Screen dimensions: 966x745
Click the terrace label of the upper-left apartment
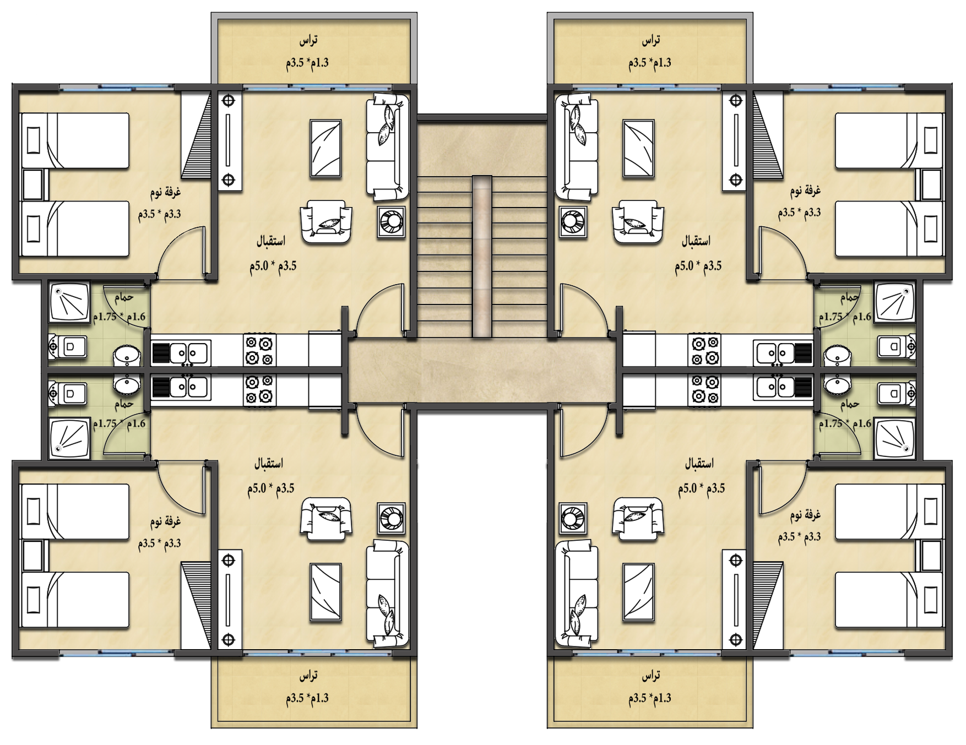tap(308, 40)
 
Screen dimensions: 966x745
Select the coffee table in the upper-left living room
tap(325, 149)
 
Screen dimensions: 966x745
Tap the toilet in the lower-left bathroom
tap(67, 393)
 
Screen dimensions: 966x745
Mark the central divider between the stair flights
tap(482, 256)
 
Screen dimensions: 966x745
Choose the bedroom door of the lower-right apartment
tap(782, 490)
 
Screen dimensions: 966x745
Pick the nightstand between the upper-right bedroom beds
tap(931, 184)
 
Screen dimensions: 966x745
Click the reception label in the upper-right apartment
tap(696, 241)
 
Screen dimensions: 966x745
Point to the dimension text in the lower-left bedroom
tap(160, 543)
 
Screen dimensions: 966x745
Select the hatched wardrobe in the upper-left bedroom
tap(197, 135)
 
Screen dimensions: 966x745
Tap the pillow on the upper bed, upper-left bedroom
tap(34, 139)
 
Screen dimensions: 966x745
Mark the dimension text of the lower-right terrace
tap(650, 698)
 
